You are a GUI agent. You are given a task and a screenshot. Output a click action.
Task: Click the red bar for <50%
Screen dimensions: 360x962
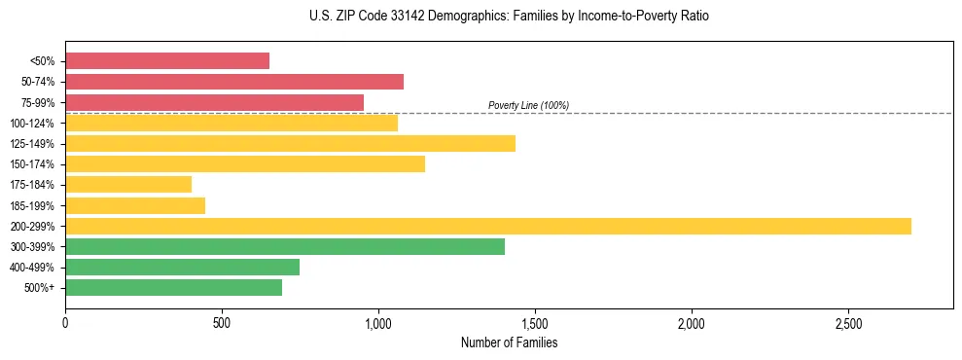(x=166, y=61)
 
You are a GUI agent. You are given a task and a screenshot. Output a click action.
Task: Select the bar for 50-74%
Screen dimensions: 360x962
(x=233, y=82)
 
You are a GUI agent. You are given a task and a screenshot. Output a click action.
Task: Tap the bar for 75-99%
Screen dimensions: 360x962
(x=214, y=102)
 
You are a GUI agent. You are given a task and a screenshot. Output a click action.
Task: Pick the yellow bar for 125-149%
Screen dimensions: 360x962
(x=290, y=143)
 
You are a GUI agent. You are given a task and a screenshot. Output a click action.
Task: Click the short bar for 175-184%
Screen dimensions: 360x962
(x=128, y=184)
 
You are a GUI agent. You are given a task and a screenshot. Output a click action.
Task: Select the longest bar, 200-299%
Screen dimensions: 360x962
(x=487, y=226)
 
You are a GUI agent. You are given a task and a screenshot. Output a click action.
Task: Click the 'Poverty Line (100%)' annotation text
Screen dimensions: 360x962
(x=528, y=105)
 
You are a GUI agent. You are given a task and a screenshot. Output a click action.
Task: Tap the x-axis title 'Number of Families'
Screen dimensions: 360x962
(x=509, y=342)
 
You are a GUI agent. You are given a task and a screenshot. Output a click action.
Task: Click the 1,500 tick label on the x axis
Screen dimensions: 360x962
(x=534, y=322)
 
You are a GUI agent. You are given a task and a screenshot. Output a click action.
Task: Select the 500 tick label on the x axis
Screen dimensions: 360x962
(x=222, y=322)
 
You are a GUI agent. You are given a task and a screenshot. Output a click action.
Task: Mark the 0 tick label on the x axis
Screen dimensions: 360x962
(x=65, y=322)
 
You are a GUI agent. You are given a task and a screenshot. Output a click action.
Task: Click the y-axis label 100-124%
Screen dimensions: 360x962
(x=32, y=124)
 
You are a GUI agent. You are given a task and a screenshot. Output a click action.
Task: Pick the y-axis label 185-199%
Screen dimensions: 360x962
(x=32, y=205)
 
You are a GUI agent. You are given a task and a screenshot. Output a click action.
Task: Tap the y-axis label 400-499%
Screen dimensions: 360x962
(x=32, y=268)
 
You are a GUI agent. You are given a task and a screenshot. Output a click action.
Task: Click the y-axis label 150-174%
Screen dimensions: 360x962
(x=32, y=164)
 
